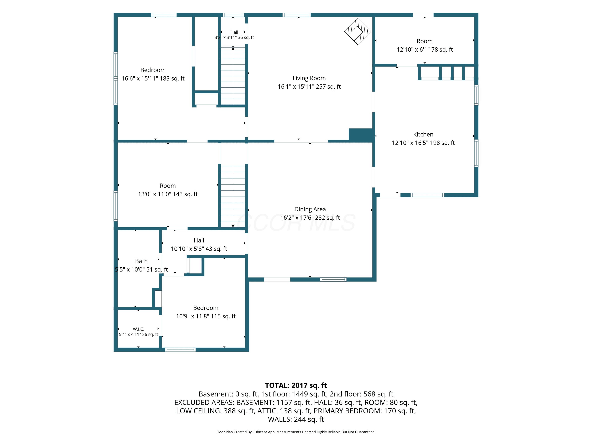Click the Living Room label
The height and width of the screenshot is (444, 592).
pyautogui.click(x=309, y=78)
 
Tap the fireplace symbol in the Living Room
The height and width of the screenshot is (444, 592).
pyautogui.click(x=358, y=31)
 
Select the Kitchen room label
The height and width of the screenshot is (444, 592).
pyautogui.click(x=423, y=134)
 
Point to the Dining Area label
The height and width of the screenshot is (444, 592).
pyautogui.click(x=310, y=209)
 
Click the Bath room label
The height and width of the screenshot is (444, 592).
pyautogui.click(x=141, y=261)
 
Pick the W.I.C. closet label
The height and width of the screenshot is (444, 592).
pyautogui.click(x=138, y=329)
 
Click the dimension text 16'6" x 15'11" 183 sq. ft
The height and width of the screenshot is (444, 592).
pyautogui.click(x=153, y=78)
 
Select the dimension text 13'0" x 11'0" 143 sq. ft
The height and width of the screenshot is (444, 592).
pyautogui.click(x=168, y=194)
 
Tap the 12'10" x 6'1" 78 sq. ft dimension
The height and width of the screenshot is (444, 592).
pyautogui.click(x=424, y=50)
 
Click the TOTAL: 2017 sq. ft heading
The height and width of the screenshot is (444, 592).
pyautogui.click(x=296, y=385)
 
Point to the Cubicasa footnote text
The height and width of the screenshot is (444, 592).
pyautogui.click(x=296, y=432)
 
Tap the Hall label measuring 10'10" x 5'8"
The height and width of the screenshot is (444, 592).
pyautogui.click(x=199, y=240)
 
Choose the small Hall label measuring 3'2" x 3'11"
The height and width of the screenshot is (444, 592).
pyautogui.click(x=234, y=32)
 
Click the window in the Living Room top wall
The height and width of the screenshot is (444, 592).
pyautogui.click(x=297, y=15)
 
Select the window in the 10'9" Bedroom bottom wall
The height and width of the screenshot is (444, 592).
pyautogui.click(x=180, y=349)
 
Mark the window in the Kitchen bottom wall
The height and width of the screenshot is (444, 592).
pyautogui.click(x=427, y=195)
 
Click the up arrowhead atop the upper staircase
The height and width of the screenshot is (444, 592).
pyautogui.click(x=233, y=49)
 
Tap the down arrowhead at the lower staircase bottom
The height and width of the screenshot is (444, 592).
pyautogui.click(x=233, y=226)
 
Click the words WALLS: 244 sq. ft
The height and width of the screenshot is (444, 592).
pyautogui.click(x=296, y=419)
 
